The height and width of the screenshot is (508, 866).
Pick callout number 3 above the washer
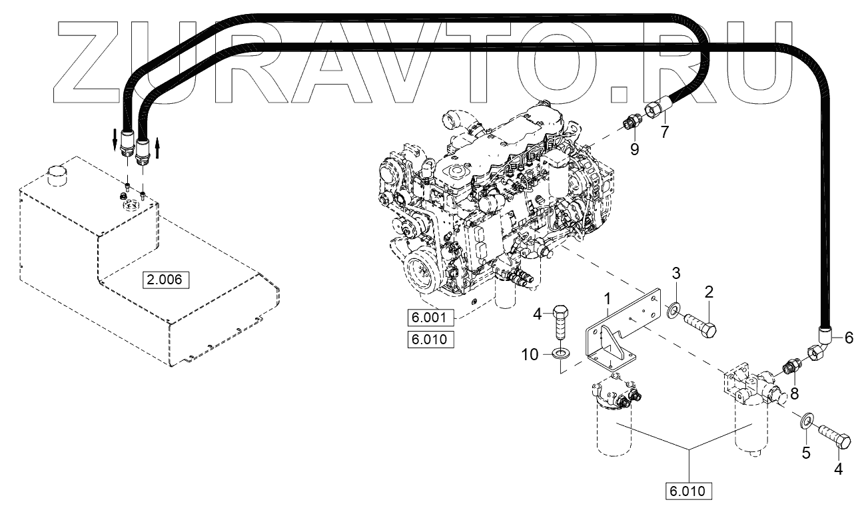[x=675, y=272]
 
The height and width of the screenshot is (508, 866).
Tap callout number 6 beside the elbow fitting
[x=848, y=338]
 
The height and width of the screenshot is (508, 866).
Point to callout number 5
[x=805, y=453]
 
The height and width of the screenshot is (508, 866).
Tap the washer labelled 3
[x=674, y=309]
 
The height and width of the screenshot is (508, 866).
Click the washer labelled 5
[x=804, y=419]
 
